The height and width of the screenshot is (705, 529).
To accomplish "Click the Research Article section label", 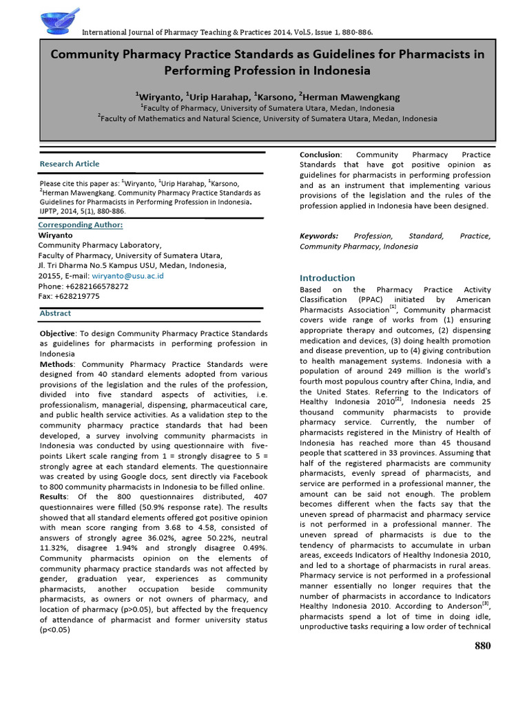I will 70,164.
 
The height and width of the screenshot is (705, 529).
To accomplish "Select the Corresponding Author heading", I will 81,225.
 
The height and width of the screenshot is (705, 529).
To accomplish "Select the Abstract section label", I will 55,313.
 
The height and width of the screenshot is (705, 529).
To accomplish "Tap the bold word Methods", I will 58,364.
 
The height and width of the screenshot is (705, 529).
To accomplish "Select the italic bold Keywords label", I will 319,236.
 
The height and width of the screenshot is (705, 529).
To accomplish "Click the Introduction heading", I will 327,277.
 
